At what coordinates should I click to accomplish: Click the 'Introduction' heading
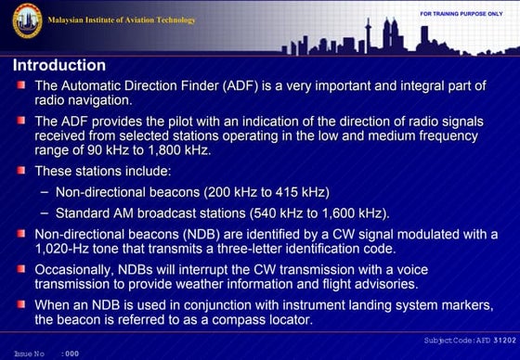(x=58, y=66)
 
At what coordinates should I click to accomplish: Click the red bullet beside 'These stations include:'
(x=20, y=171)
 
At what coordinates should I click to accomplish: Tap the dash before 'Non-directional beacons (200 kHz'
(x=45, y=192)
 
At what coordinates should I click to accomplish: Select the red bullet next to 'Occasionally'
(x=20, y=268)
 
